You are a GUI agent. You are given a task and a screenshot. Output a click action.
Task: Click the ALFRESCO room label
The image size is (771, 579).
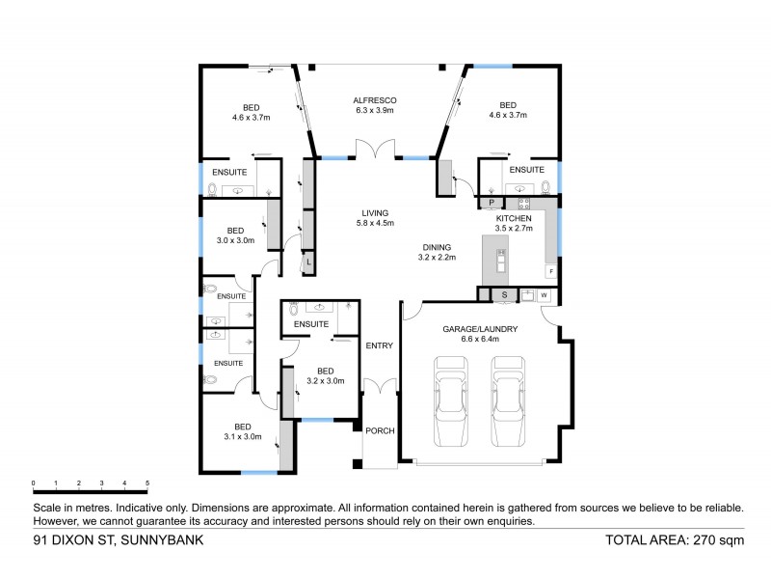375,100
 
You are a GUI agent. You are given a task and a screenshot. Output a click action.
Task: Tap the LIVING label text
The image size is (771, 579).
375,213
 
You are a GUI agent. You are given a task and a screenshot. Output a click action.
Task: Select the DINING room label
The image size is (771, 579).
436,246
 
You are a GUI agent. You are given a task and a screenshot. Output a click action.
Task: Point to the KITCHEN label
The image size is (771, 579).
513,219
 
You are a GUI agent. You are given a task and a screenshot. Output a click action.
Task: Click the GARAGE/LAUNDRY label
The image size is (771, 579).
480,329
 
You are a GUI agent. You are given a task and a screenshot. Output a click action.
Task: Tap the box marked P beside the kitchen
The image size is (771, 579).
492,203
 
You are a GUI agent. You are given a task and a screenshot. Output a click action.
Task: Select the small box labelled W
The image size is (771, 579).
544,294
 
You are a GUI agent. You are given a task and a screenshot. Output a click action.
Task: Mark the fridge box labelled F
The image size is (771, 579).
550,272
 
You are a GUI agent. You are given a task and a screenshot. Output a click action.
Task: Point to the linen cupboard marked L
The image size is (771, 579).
308,262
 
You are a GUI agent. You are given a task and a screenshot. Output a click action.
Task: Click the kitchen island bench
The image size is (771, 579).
501,262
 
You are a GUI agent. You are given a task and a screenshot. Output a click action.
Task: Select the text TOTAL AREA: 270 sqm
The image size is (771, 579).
674,541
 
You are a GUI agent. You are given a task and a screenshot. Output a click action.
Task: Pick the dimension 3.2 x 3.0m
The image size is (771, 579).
326,381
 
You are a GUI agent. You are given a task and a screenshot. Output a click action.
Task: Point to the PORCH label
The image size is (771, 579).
380,430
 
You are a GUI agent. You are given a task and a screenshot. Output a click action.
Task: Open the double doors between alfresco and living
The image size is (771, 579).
375,151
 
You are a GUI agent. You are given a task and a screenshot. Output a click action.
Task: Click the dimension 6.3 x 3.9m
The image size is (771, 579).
375,111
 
